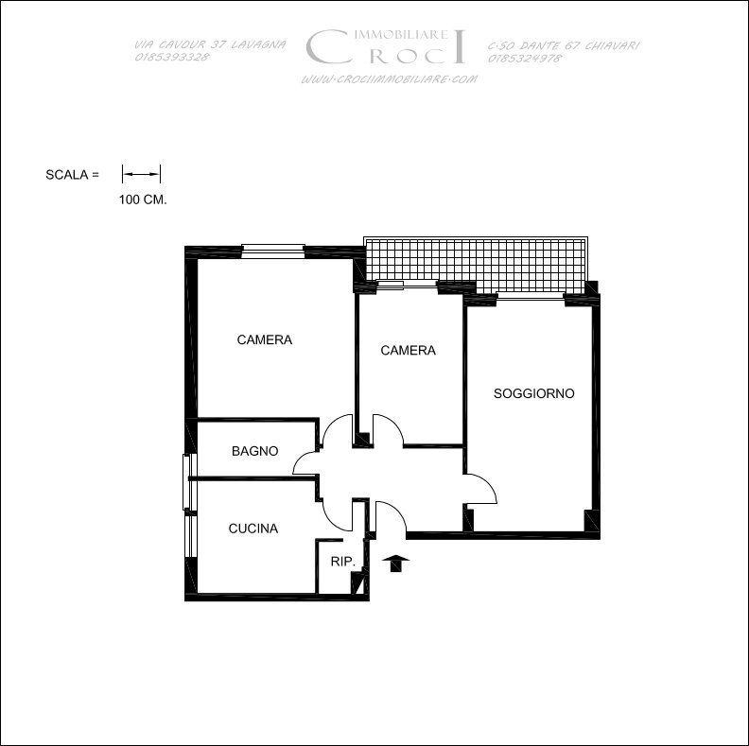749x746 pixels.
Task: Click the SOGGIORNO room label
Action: (x=533, y=393)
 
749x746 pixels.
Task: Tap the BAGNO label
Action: (x=254, y=451)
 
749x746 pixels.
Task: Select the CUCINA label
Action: (x=253, y=529)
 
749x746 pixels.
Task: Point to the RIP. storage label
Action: (x=343, y=562)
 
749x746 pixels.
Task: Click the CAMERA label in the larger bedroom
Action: (x=264, y=339)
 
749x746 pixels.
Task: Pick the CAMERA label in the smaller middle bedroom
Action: (x=408, y=351)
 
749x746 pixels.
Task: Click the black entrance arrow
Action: (x=396, y=564)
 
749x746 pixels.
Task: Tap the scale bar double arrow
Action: (x=142, y=174)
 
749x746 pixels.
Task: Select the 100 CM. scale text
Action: (x=143, y=200)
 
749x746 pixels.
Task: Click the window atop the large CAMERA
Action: (x=272, y=252)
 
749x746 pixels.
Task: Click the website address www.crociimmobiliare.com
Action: (x=389, y=79)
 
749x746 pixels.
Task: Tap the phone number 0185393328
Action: (x=172, y=57)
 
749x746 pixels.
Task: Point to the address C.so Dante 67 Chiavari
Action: (x=564, y=45)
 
